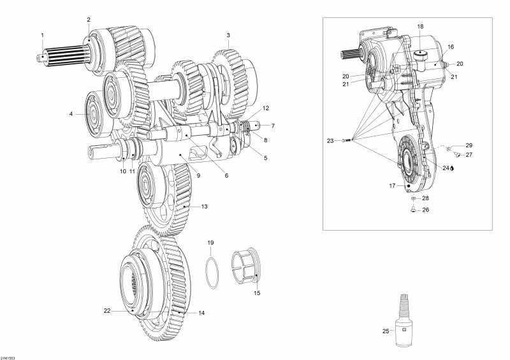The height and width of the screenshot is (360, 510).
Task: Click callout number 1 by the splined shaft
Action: [43, 34]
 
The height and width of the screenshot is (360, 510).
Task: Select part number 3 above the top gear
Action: [228, 34]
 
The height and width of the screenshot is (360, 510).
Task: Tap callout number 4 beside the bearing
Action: [71, 114]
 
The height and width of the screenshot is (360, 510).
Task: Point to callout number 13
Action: [205, 206]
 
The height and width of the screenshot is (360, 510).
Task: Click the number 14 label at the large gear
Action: [202, 313]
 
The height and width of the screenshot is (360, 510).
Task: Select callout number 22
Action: [108, 310]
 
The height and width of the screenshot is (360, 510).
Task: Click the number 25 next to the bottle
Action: [385, 331]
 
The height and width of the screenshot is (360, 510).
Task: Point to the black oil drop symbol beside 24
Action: [452, 169]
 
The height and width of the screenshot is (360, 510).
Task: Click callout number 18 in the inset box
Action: [420, 26]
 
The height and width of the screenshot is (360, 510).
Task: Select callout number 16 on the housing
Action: [450, 47]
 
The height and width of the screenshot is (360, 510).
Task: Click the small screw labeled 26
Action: [413, 209]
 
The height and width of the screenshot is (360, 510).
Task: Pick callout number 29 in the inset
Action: [469, 146]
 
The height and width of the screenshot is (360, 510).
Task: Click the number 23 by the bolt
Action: [330, 140]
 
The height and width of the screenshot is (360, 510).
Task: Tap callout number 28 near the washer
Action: [425, 199]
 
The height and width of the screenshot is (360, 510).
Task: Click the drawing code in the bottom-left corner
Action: [8, 356]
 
